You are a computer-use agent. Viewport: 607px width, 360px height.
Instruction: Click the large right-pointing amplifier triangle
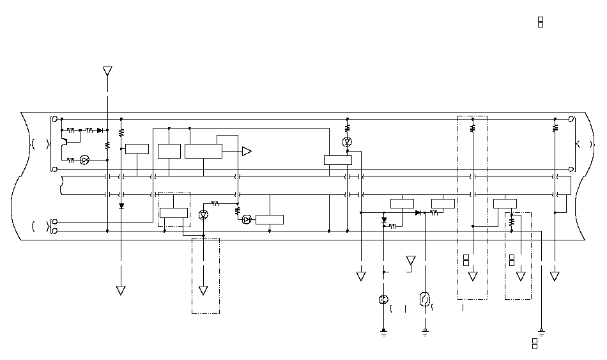(x=247, y=151)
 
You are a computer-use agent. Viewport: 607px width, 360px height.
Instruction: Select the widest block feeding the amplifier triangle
(x=203, y=151)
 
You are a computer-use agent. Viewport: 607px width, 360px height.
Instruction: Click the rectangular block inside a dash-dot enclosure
(x=173, y=213)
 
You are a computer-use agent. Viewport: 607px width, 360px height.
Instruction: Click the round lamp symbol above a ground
(x=383, y=300)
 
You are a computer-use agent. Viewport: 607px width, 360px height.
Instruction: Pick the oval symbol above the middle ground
(x=424, y=299)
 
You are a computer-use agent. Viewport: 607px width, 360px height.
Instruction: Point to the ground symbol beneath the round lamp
(x=383, y=332)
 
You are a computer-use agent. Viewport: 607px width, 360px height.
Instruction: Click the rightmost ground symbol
(x=541, y=331)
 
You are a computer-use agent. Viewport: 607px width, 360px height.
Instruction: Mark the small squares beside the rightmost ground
(x=535, y=343)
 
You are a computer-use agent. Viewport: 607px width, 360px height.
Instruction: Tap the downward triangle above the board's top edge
(x=107, y=70)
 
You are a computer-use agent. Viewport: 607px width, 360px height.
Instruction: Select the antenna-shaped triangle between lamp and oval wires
(x=411, y=261)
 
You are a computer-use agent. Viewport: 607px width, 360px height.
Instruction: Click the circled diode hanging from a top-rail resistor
(x=347, y=141)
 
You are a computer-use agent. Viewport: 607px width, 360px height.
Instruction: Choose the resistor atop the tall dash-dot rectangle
(x=473, y=128)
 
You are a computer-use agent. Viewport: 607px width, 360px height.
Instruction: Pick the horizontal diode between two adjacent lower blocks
(x=419, y=212)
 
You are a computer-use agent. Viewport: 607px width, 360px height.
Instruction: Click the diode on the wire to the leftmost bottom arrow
(x=121, y=206)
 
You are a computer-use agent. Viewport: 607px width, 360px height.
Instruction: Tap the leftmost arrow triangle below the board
(x=121, y=290)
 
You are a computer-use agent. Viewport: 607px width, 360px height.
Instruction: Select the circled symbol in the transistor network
(x=84, y=160)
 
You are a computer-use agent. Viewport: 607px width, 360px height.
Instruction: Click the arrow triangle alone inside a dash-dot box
(x=203, y=290)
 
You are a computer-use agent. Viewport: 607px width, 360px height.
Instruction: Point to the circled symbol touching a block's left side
(x=247, y=219)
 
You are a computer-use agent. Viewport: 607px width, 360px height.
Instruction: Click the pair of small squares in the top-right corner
(x=541, y=22)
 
